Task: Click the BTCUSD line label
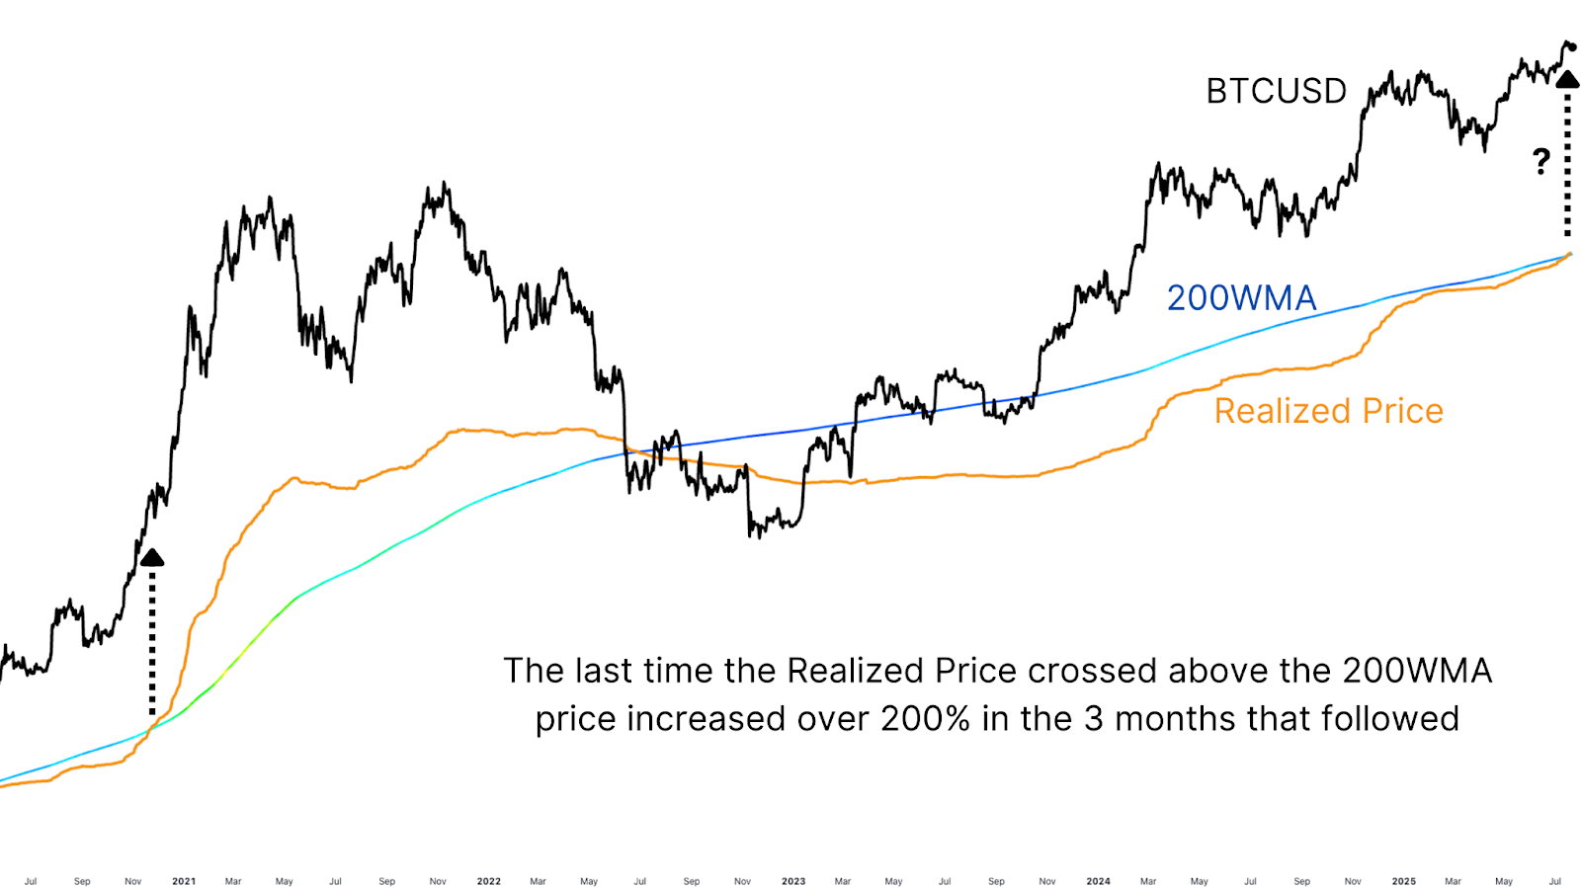(x=1276, y=91)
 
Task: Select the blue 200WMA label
(x=1241, y=297)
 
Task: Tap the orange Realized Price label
(x=1328, y=411)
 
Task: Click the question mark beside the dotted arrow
(x=1541, y=161)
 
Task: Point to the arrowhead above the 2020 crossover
(x=152, y=558)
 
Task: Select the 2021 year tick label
(x=184, y=881)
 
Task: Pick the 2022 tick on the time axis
(x=488, y=881)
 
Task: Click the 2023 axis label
(x=793, y=881)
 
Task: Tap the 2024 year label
(x=1098, y=881)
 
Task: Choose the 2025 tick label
(x=1403, y=881)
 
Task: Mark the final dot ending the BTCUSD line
(x=1572, y=46)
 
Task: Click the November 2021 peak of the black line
(x=444, y=184)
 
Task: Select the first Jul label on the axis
(x=31, y=881)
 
